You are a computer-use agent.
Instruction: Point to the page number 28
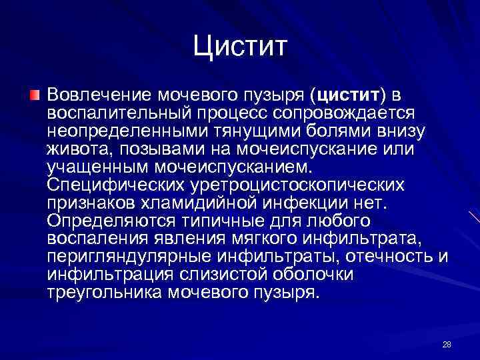(x=447, y=344)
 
